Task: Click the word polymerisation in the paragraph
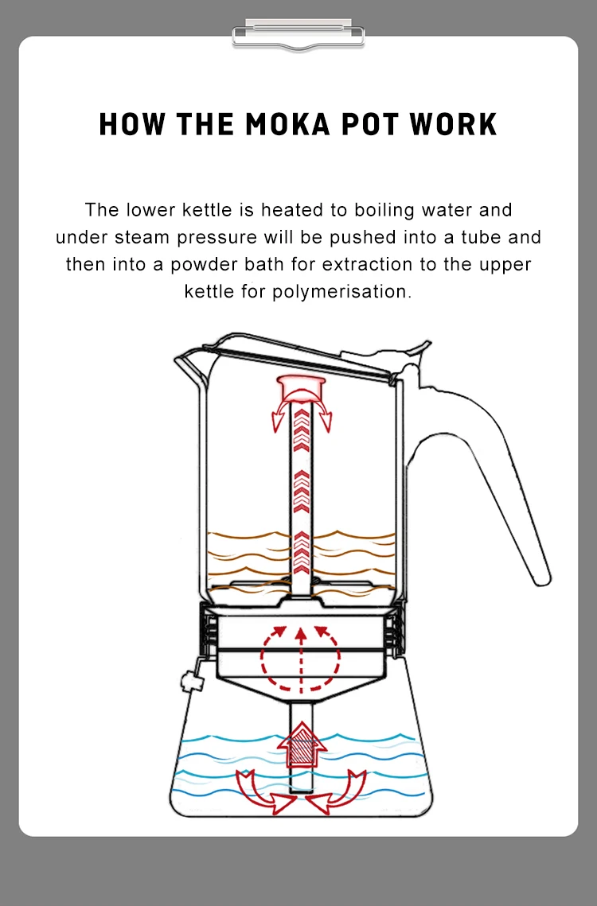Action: (341, 291)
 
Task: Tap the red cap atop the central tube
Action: (301, 389)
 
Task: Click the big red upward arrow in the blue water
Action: (300, 744)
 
